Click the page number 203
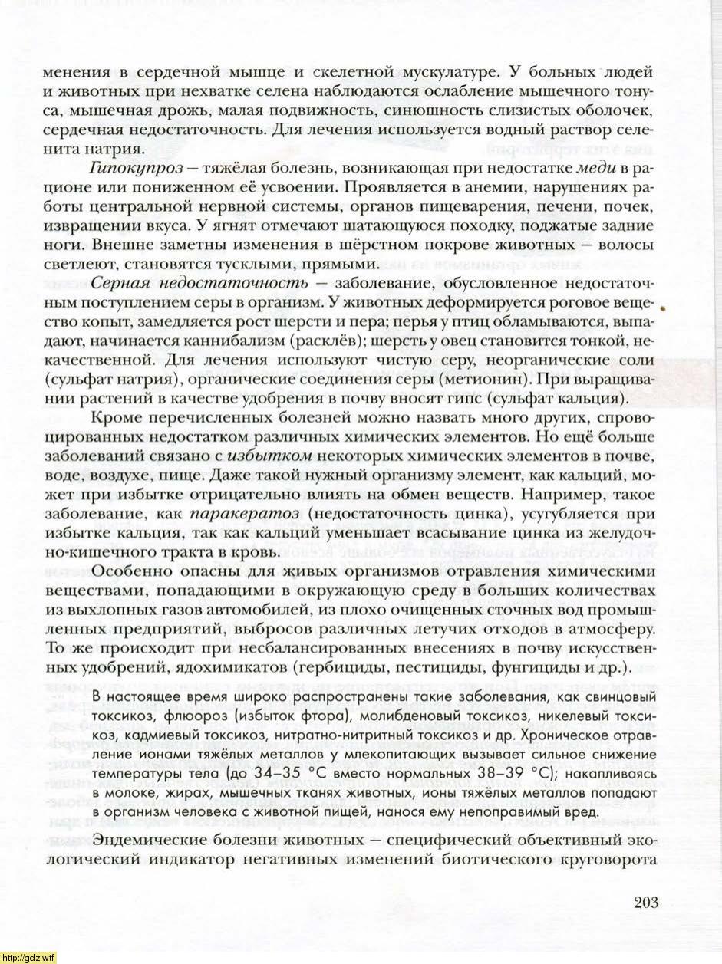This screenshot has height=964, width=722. click(646, 902)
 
